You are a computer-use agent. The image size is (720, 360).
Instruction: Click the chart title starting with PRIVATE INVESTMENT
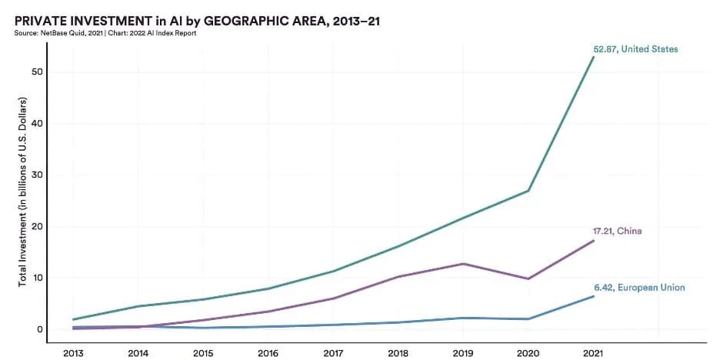197,21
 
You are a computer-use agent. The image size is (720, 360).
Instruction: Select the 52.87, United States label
635,49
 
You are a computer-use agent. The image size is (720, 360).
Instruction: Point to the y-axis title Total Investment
23,192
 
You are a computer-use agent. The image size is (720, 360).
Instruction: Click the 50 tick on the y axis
35,72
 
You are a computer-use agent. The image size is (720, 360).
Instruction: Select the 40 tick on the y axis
35,124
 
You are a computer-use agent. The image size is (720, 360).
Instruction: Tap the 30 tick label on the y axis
35,175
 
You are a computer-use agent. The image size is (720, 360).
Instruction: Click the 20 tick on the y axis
35,226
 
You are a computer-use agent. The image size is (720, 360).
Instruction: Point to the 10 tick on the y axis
35,278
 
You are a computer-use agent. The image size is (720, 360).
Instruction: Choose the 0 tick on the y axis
38,329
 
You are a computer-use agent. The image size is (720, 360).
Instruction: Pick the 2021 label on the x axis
592,353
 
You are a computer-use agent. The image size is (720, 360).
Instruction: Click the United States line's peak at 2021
593,58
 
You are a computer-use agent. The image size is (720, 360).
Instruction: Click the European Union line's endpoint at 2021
593,296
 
